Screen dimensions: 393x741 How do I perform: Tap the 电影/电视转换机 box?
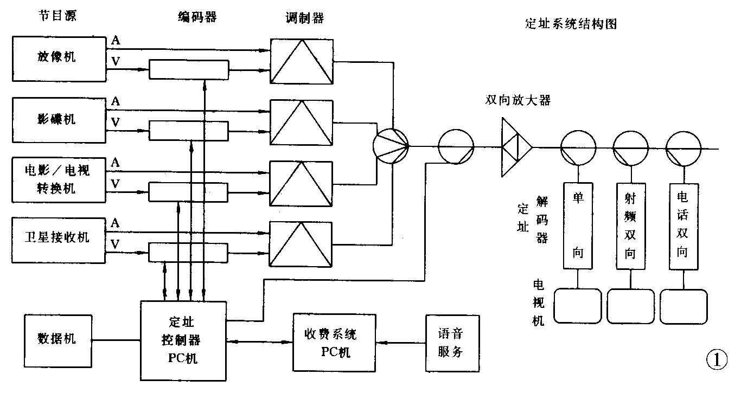click(x=58, y=179)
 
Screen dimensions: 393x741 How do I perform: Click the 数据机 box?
click(x=57, y=338)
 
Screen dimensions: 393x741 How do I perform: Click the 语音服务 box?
click(x=452, y=343)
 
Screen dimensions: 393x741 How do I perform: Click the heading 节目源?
click(x=56, y=16)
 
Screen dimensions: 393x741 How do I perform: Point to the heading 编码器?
click(x=197, y=17)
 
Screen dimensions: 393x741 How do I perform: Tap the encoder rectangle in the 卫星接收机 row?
click(x=188, y=252)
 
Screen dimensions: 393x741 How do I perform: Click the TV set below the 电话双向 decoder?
click(x=683, y=306)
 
